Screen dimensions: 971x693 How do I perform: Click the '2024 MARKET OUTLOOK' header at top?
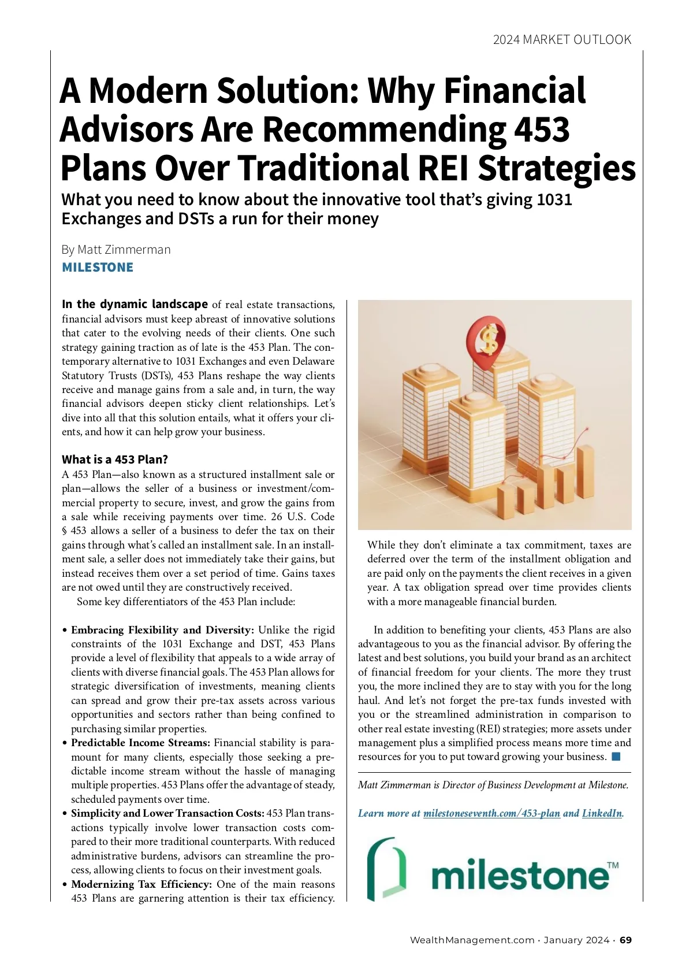pyautogui.click(x=562, y=39)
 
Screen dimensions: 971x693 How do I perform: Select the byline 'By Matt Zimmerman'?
pyautogui.click(x=116, y=249)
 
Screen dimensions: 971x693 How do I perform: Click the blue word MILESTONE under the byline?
pyautogui.click(x=98, y=268)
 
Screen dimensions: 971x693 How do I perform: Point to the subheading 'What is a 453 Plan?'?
pyautogui.click(x=115, y=459)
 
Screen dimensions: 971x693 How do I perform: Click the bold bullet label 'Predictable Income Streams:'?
pyautogui.click(x=140, y=743)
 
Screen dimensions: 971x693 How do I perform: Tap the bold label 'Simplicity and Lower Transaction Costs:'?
pyautogui.click(x=167, y=813)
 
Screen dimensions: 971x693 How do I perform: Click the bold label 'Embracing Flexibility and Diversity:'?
pyautogui.click(x=162, y=630)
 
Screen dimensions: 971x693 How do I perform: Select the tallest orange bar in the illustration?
pyautogui.click(x=584, y=477)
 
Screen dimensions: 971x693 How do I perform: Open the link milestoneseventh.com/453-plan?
pyautogui.click(x=491, y=813)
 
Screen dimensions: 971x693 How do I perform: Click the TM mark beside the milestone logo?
pyautogui.click(x=613, y=865)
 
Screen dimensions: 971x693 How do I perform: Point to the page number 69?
pyautogui.click(x=626, y=940)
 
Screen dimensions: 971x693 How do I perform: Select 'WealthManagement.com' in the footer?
pyautogui.click(x=472, y=940)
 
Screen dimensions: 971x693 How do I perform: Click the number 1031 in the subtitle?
pyautogui.click(x=554, y=199)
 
